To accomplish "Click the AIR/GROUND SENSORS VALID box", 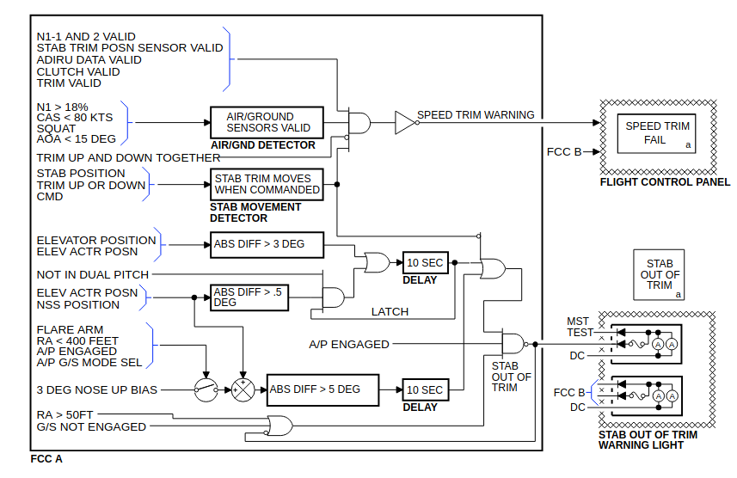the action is pyautogui.click(x=267, y=123).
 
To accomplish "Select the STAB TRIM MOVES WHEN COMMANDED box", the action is pyautogui.click(x=267, y=184).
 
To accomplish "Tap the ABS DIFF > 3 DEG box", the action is pyautogui.click(x=267, y=244).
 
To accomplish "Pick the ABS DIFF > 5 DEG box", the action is pyautogui.click(x=322, y=389).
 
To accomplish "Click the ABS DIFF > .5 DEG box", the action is pyautogui.click(x=249, y=297).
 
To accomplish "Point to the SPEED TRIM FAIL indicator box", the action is pyautogui.click(x=656, y=133).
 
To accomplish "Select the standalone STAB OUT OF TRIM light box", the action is pyautogui.click(x=659, y=275).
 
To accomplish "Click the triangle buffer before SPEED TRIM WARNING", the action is pyautogui.click(x=405, y=123).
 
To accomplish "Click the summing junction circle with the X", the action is pyautogui.click(x=243, y=390).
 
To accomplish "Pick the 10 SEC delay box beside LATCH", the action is pyautogui.click(x=426, y=263).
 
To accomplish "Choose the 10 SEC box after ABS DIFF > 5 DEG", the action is pyautogui.click(x=426, y=389).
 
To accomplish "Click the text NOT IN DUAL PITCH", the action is pyautogui.click(x=93, y=274).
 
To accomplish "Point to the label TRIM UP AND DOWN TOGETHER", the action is pyautogui.click(x=128, y=158).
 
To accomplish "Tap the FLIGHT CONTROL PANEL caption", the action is pyautogui.click(x=665, y=182).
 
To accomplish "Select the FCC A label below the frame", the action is pyautogui.click(x=46, y=459).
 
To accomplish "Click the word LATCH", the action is pyautogui.click(x=390, y=311).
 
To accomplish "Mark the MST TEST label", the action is pyautogui.click(x=580, y=328).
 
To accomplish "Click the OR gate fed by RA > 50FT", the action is pyautogui.click(x=279, y=426).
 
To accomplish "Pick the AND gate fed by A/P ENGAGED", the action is pyautogui.click(x=513, y=344).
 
